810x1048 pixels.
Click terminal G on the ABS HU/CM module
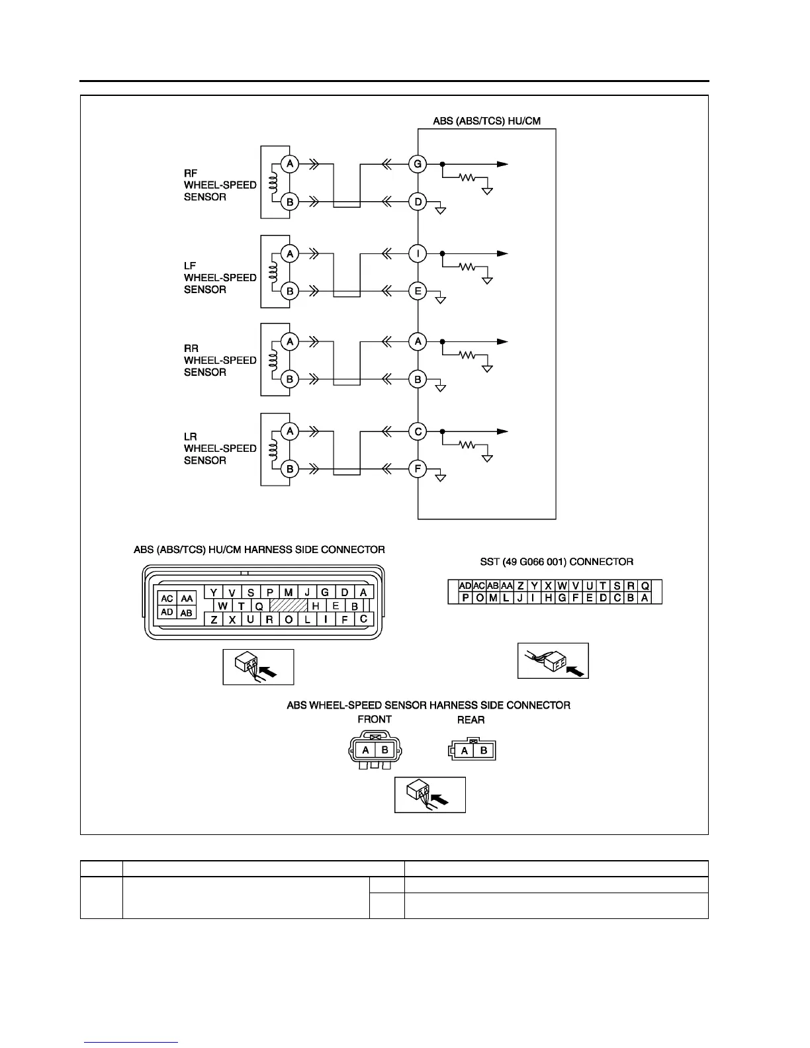[x=418, y=163]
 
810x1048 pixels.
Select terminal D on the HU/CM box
[x=418, y=201]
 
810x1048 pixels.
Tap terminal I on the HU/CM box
[x=418, y=253]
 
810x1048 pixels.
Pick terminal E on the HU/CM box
[x=418, y=290]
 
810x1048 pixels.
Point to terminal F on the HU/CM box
[x=418, y=469]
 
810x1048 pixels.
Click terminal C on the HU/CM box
[x=418, y=432]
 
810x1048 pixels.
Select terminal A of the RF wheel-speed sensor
[x=289, y=163]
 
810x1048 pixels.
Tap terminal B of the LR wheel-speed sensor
[x=289, y=469]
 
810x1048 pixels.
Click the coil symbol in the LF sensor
[x=271, y=272]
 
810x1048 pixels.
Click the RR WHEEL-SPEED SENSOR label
[x=220, y=360]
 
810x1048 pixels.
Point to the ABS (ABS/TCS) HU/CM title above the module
[x=486, y=121]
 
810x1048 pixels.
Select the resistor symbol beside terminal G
[x=468, y=178]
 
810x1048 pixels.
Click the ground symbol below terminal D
[x=441, y=211]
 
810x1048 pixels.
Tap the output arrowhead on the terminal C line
[x=503, y=431]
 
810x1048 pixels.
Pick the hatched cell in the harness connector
[x=289, y=605]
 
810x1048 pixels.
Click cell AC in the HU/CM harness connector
[x=167, y=599]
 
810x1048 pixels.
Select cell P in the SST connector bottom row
[x=466, y=598]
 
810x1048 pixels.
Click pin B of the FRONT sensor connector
[x=386, y=750]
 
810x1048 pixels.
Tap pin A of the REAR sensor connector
[x=465, y=750]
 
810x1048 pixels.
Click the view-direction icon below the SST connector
[x=553, y=660]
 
